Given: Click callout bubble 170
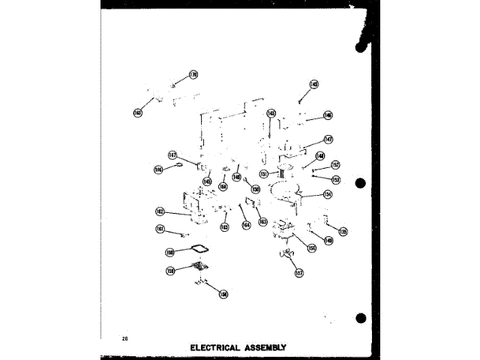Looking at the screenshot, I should point(193,75).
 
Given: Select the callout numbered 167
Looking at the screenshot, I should point(172,155).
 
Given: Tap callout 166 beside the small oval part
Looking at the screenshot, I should point(159,169).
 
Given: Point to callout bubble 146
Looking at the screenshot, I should point(328,115).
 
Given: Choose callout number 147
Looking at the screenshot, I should point(328,139).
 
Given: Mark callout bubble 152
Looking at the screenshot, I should point(335,164).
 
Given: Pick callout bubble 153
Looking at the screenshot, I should point(335,179).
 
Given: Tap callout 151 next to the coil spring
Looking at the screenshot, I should point(264,174).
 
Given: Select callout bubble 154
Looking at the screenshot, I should point(327,193).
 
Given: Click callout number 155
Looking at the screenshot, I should point(343,232).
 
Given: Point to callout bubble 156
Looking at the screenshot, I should point(311,247).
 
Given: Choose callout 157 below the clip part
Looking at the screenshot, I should point(298,273).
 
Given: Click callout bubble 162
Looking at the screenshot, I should point(160,211).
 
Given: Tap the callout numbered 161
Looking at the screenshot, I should point(160,229).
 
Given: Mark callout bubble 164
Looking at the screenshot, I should point(245,224).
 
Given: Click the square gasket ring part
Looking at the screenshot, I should point(200,249).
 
